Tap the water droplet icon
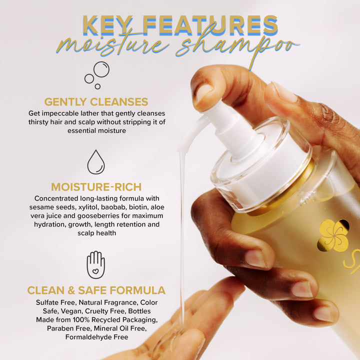96,162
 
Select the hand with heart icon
96,264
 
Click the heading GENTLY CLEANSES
96,102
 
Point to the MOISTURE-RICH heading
96,187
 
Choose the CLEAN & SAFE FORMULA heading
96,290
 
